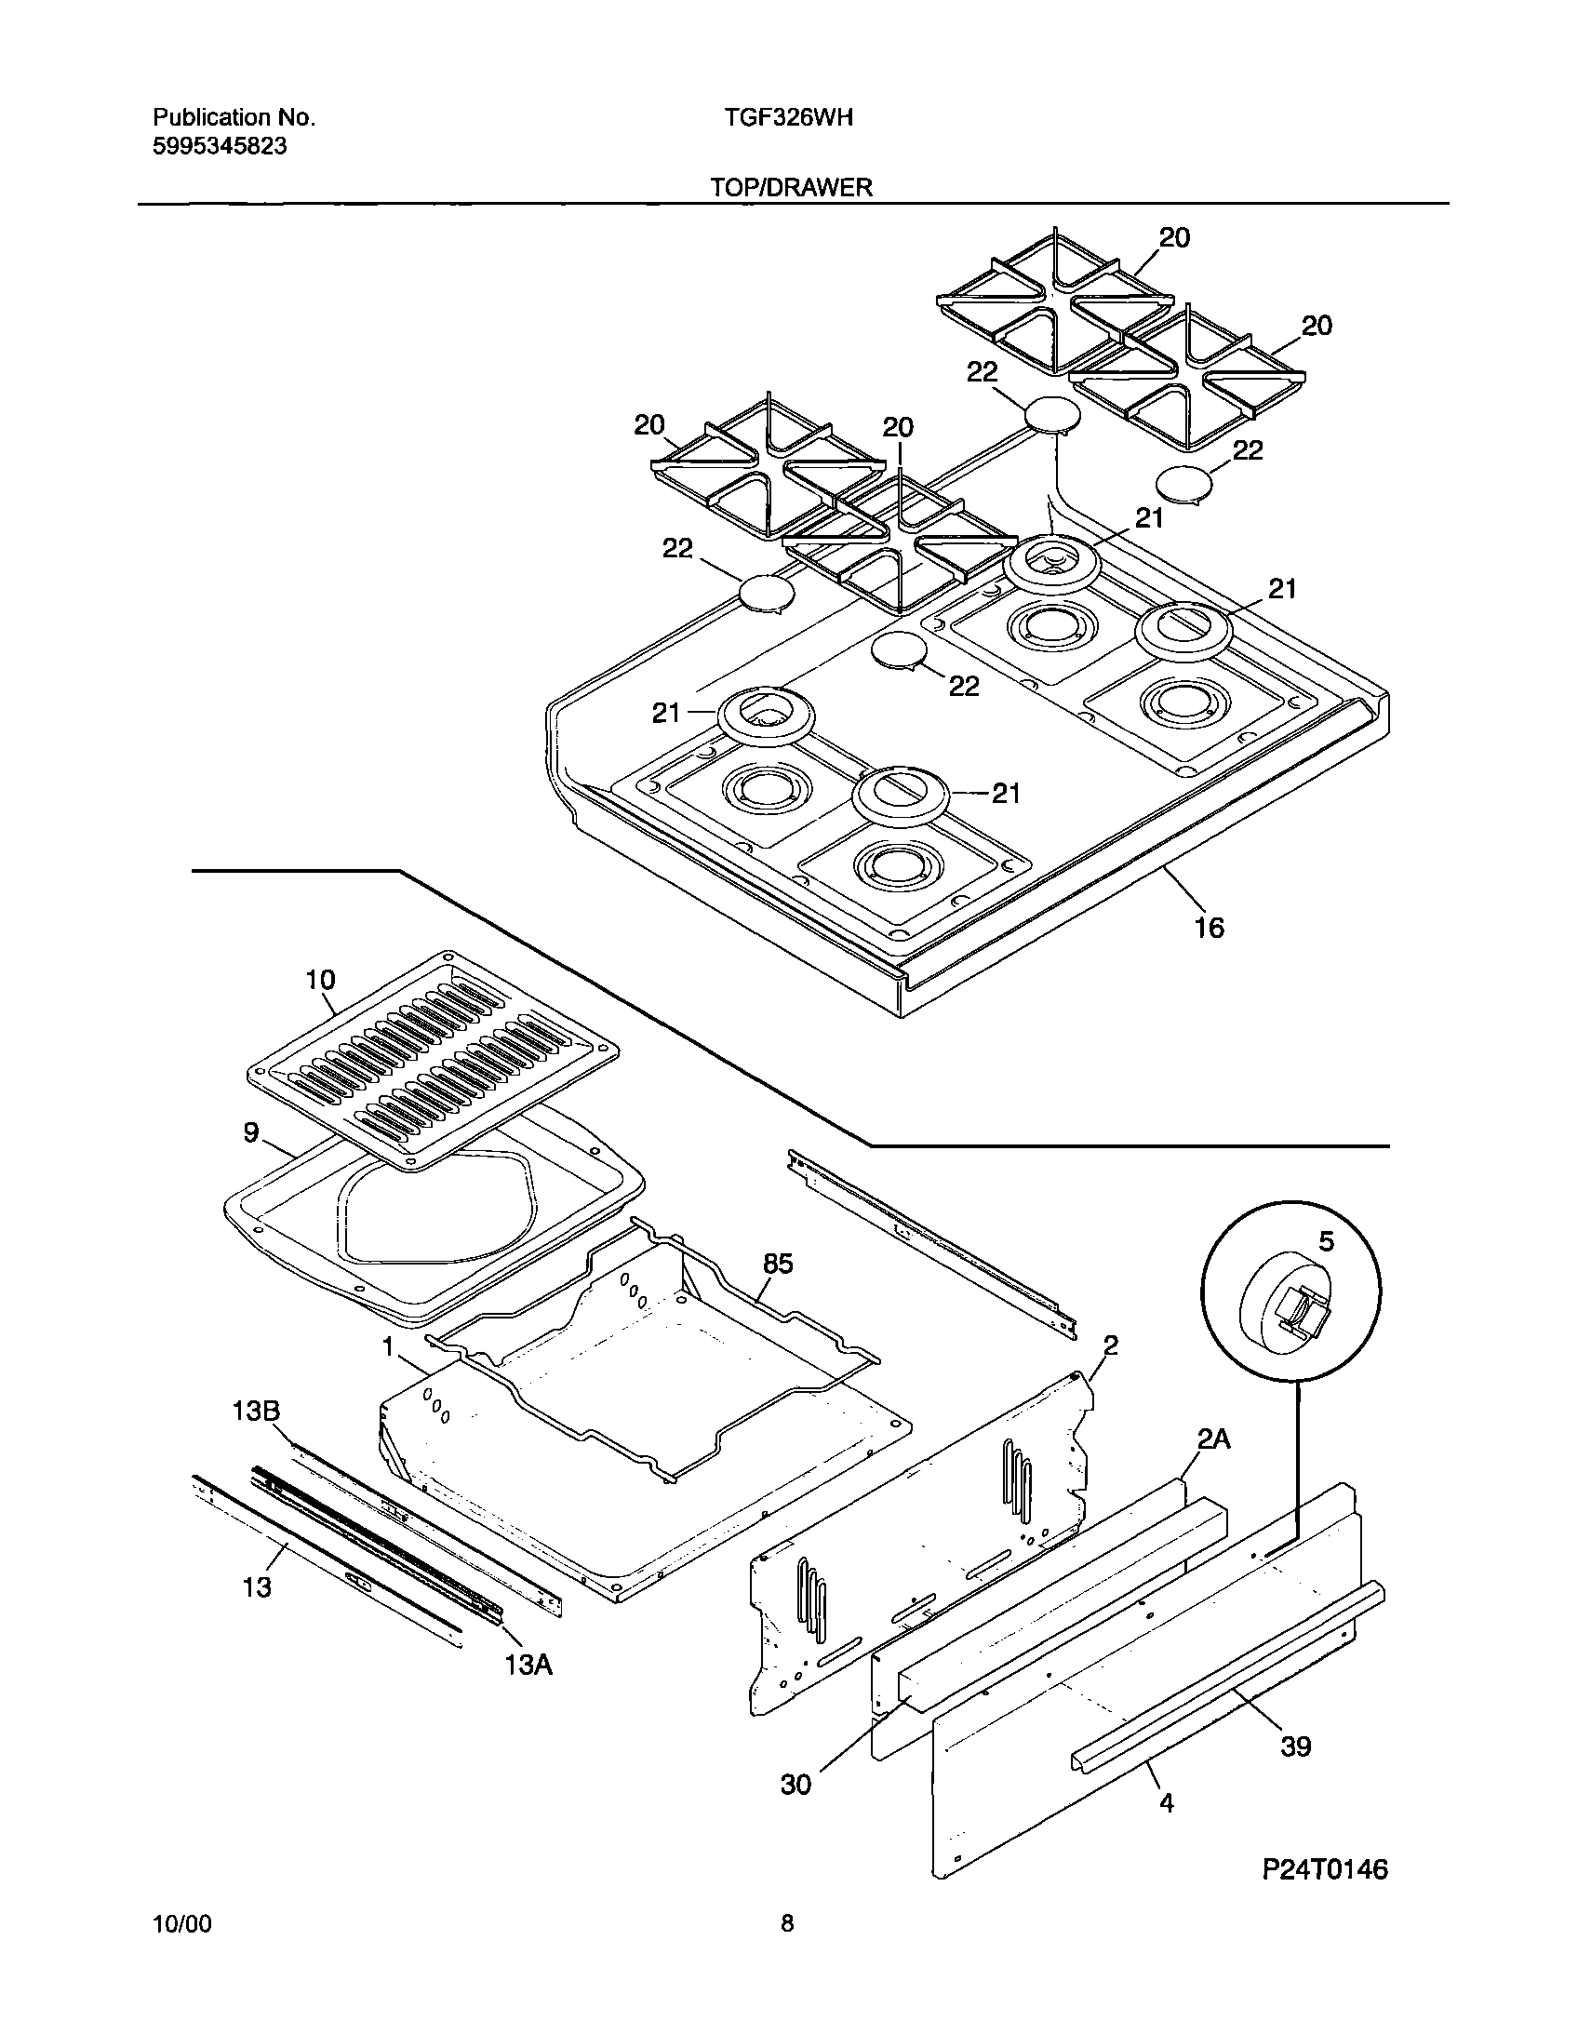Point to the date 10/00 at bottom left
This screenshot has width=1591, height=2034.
point(181,1949)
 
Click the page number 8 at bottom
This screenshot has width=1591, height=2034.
point(787,1948)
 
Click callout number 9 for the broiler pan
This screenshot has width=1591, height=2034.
point(250,1132)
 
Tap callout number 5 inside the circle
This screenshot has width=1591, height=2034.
point(1327,1240)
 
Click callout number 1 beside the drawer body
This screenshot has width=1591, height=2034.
point(386,1345)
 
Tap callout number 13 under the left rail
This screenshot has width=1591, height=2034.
point(257,1586)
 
